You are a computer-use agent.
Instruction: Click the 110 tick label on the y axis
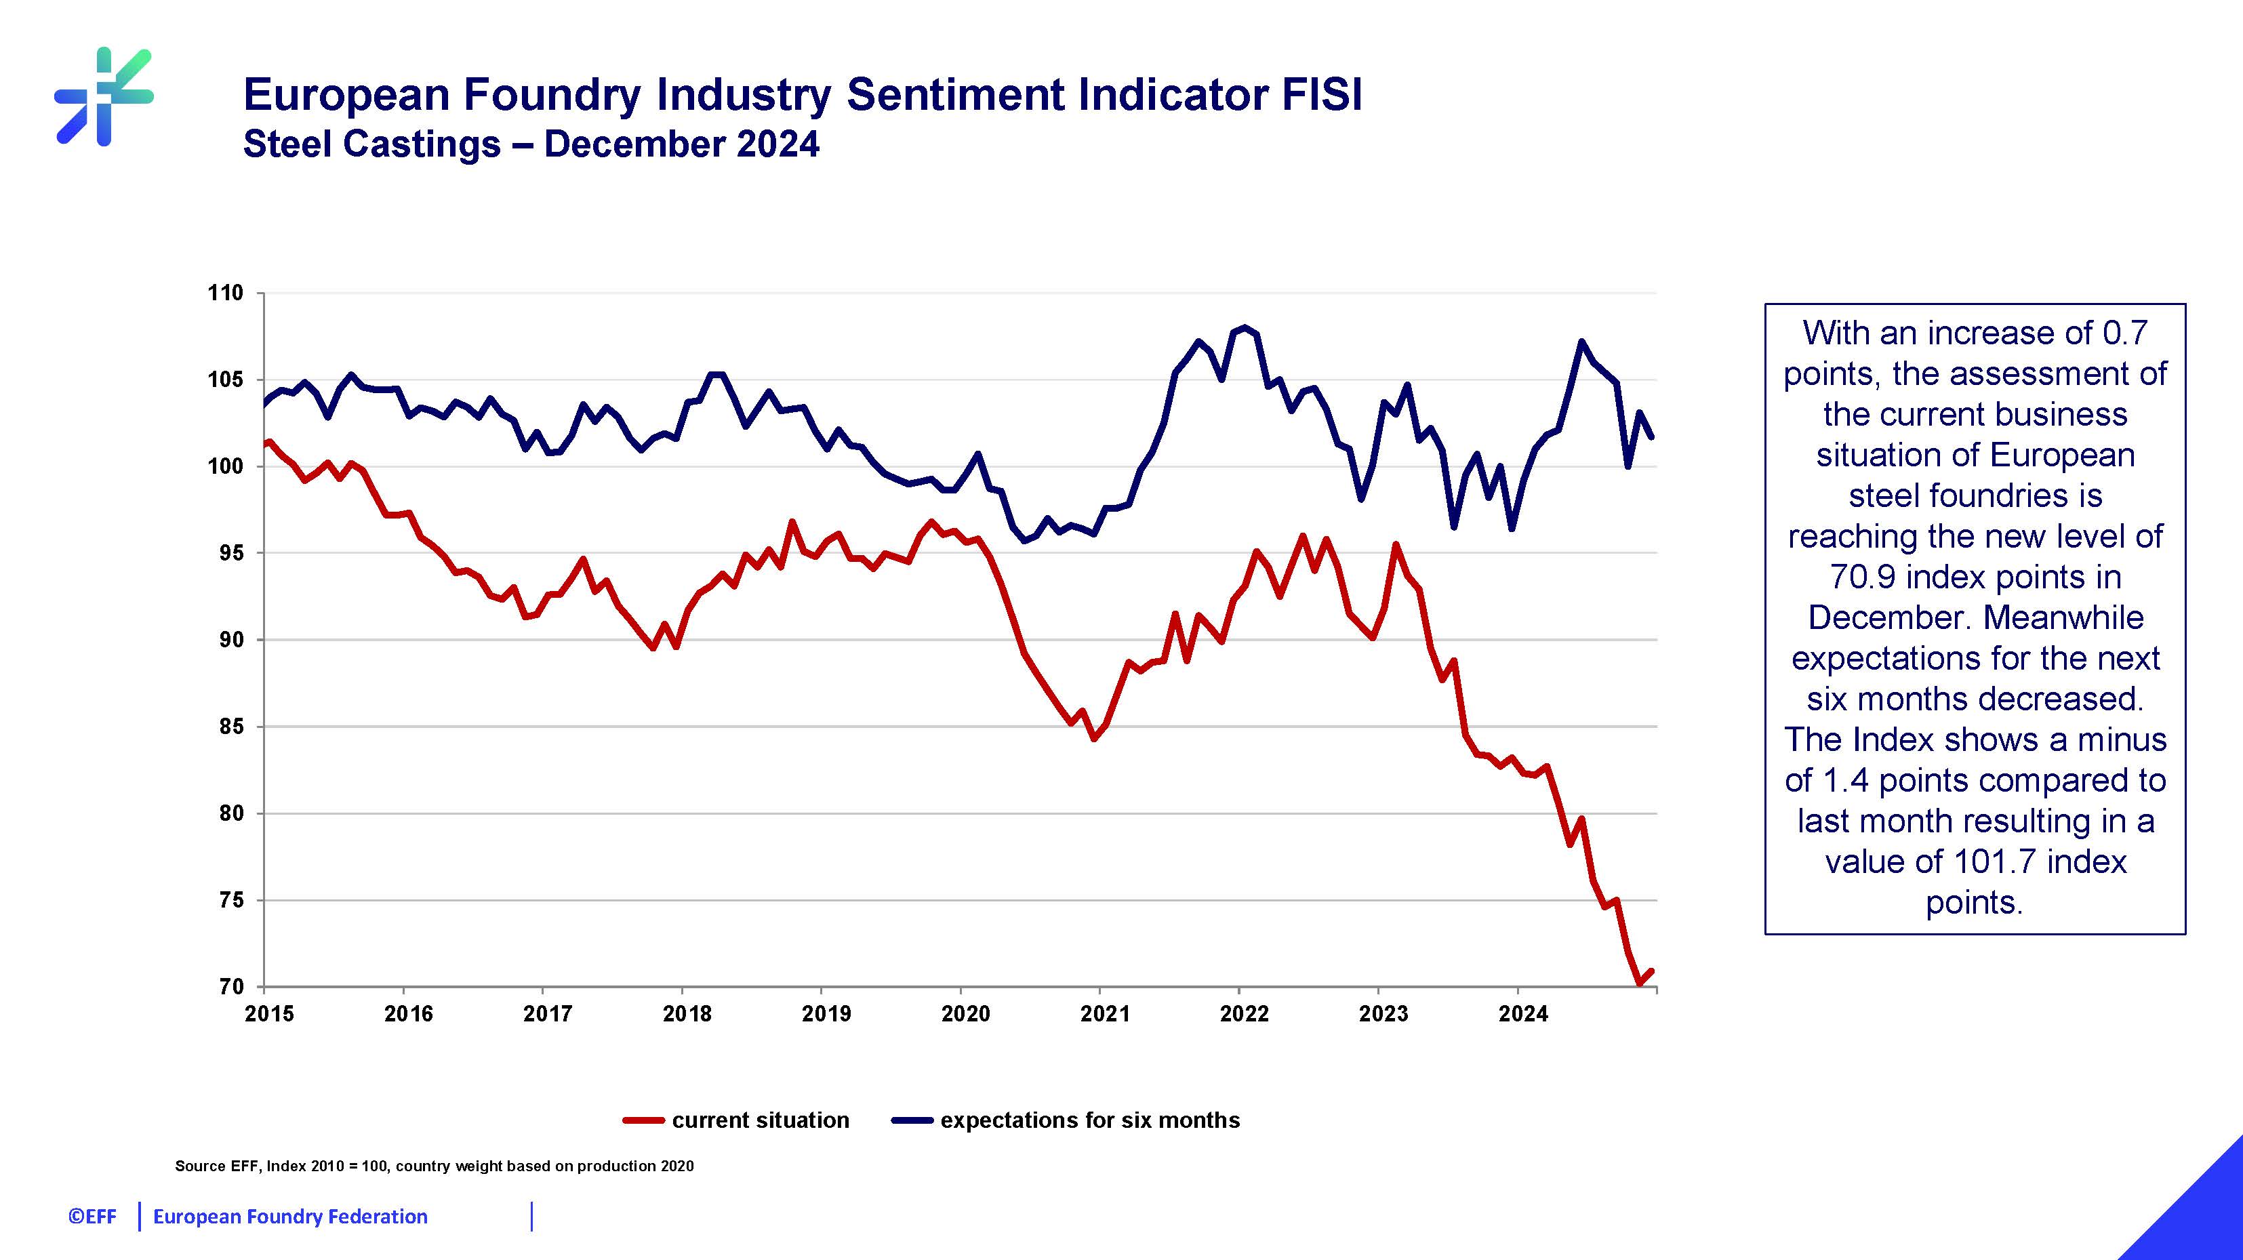point(224,293)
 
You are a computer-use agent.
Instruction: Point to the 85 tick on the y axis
point(230,726)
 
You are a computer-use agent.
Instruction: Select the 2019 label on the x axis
point(826,1013)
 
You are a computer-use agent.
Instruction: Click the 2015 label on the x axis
point(269,1013)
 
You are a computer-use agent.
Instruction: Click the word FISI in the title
point(1321,94)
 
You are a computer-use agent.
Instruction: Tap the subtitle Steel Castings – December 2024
point(530,144)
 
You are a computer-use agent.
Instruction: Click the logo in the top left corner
point(104,96)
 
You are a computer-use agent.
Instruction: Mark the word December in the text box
point(1886,617)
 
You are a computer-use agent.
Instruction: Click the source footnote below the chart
point(434,1166)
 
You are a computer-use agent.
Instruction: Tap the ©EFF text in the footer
point(92,1217)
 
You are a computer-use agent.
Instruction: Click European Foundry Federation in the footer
point(290,1217)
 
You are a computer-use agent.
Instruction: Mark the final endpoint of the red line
point(1651,971)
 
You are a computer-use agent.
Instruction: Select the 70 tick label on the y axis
point(230,987)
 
